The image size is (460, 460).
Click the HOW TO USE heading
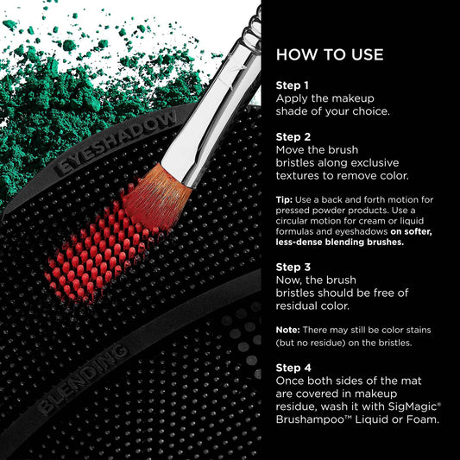point(330,55)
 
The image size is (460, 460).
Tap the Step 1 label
point(293,85)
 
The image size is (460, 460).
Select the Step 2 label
point(293,137)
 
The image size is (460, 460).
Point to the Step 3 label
point(293,267)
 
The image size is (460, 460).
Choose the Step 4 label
point(293,368)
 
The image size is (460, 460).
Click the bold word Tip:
point(284,199)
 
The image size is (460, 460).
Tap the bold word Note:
point(287,330)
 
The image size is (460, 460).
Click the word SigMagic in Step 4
point(413,406)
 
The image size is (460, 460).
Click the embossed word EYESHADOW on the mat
point(116,143)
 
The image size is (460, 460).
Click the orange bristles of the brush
point(156,198)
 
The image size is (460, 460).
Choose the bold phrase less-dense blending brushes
point(340,242)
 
